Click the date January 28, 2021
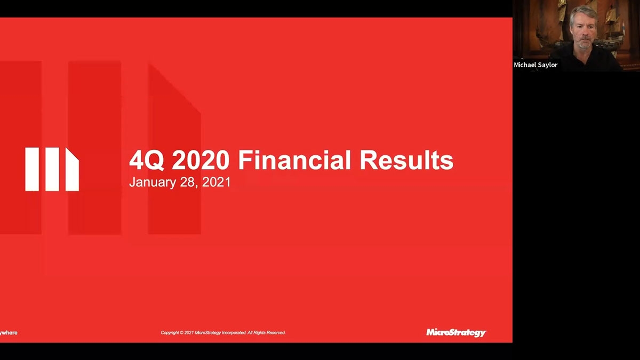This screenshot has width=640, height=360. tap(180, 182)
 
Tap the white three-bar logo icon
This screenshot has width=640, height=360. tap(52, 169)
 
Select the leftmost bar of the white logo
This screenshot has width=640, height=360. tap(31, 169)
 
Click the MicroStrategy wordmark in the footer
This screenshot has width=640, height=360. tap(456, 332)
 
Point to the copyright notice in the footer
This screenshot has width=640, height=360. tap(223, 333)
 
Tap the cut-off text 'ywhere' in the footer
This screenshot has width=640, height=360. tap(9, 333)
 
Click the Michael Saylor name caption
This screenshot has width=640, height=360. tap(535, 65)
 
